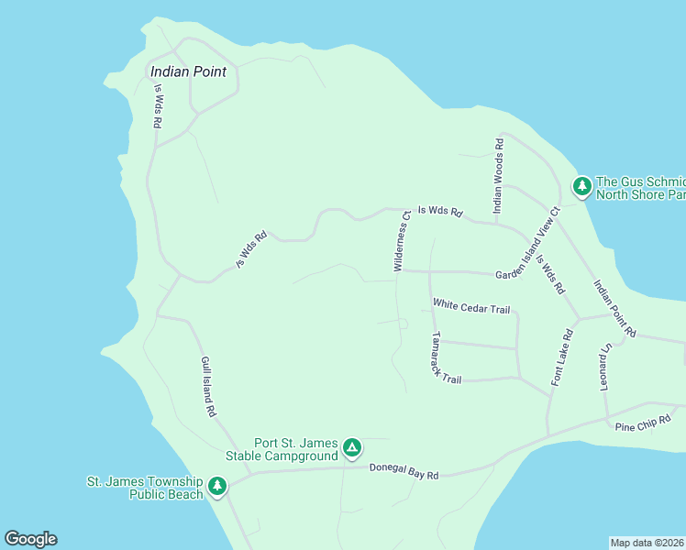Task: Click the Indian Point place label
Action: coord(188,71)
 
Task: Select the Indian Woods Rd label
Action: coord(499,177)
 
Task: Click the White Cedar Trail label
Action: coord(471,308)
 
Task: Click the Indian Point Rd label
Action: coord(614,307)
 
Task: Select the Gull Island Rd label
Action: coord(208,387)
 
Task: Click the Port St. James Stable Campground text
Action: coord(282,448)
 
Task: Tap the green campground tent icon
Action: coord(351,448)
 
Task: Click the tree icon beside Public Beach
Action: coord(217,486)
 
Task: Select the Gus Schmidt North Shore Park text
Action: coord(640,188)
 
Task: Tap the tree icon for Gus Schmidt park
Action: coord(581,186)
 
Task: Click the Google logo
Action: coord(30,539)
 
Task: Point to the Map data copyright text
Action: coord(647,543)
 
